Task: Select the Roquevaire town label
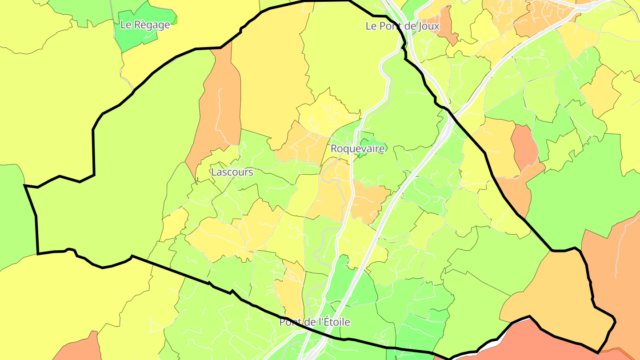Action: tap(357, 149)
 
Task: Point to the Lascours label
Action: tap(232, 172)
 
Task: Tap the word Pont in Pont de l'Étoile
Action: tap(290, 322)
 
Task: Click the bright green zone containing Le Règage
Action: tap(138, 38)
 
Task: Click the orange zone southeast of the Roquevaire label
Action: tap(369, 202)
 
